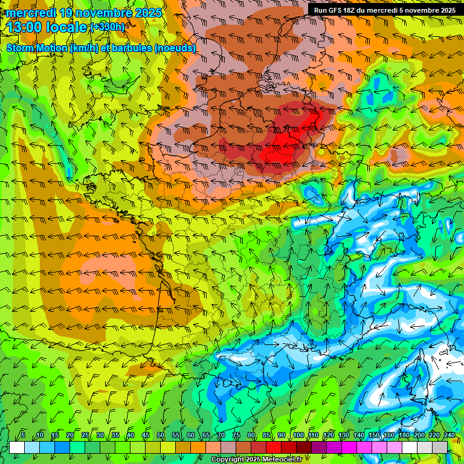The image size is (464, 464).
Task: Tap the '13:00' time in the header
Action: coord(26,27)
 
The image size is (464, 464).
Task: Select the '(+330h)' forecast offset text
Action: coord(108,27)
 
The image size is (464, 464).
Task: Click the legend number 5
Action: coord(23,435)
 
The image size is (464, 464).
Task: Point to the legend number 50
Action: coord(161,435)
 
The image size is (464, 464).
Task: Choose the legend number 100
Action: coord(298,435)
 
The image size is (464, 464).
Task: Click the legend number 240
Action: coord(449,435)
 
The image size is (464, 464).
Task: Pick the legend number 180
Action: coord(404,435)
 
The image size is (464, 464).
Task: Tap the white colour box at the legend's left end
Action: coord(17,446)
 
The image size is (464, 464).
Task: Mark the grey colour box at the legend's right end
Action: coord(440,446)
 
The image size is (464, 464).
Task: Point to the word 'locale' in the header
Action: coord(69,27)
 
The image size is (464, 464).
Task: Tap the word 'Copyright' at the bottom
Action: coord(227,460)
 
